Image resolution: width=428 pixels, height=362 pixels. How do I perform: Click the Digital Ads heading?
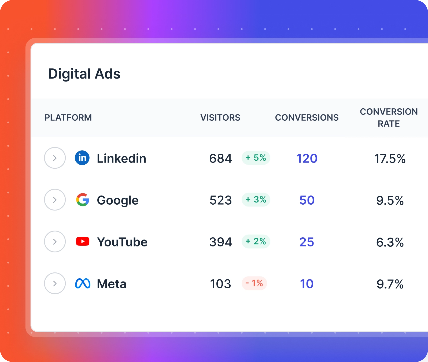coord(84,74)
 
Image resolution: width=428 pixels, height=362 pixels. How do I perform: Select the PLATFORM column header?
coord(68,117)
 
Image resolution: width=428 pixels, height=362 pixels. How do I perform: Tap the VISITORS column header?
coord(220,117)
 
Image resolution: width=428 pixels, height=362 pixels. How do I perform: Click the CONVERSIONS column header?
coord(307,117)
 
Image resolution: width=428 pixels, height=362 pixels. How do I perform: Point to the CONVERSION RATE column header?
coord(389,117)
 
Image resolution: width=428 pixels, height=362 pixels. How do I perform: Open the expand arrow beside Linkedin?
coord(55,158)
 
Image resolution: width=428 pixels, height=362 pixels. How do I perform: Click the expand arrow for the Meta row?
coord(55,283)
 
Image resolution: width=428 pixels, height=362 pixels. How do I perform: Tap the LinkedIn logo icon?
coord(82,158)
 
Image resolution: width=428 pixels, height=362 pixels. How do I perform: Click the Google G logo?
coord(83,200)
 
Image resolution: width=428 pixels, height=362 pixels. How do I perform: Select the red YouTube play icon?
coord(83,241)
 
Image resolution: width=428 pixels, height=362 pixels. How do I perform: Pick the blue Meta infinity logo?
coord(83,283)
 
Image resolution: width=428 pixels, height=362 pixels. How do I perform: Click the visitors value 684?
coord(220,158)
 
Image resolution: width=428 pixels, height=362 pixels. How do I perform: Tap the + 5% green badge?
coord(256,158)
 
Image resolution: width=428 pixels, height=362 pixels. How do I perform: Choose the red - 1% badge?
coord(254,283)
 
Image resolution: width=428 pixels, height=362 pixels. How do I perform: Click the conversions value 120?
coord(307,158)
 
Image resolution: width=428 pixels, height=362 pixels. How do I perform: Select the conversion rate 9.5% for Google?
coord(390,201)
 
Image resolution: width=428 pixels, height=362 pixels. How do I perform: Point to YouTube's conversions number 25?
coord(307,242)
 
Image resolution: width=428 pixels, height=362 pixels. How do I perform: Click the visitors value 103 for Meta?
coord(220,284)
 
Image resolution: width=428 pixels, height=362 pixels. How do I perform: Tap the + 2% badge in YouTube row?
coord(256,241)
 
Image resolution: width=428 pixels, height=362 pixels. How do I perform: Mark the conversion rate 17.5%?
coord(390,159)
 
